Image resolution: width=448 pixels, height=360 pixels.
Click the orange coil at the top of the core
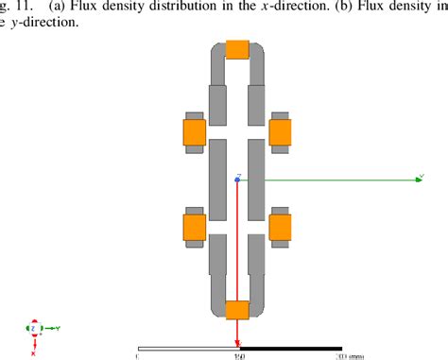[238, 48]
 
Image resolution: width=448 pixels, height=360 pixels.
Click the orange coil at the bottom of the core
[238, 309]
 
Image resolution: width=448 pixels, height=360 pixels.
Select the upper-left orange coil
[195, 132]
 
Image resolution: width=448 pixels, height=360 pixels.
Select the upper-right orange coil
[281, 132]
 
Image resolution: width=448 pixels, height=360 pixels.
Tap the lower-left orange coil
[195, 227]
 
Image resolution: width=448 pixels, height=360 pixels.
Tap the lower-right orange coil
[281, 227]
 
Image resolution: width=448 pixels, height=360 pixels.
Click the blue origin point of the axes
[237, 179]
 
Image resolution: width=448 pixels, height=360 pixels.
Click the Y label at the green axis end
[419, 172]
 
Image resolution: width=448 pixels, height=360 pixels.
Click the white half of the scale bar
[188, 349]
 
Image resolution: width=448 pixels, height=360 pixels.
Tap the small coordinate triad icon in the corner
[34, 331]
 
